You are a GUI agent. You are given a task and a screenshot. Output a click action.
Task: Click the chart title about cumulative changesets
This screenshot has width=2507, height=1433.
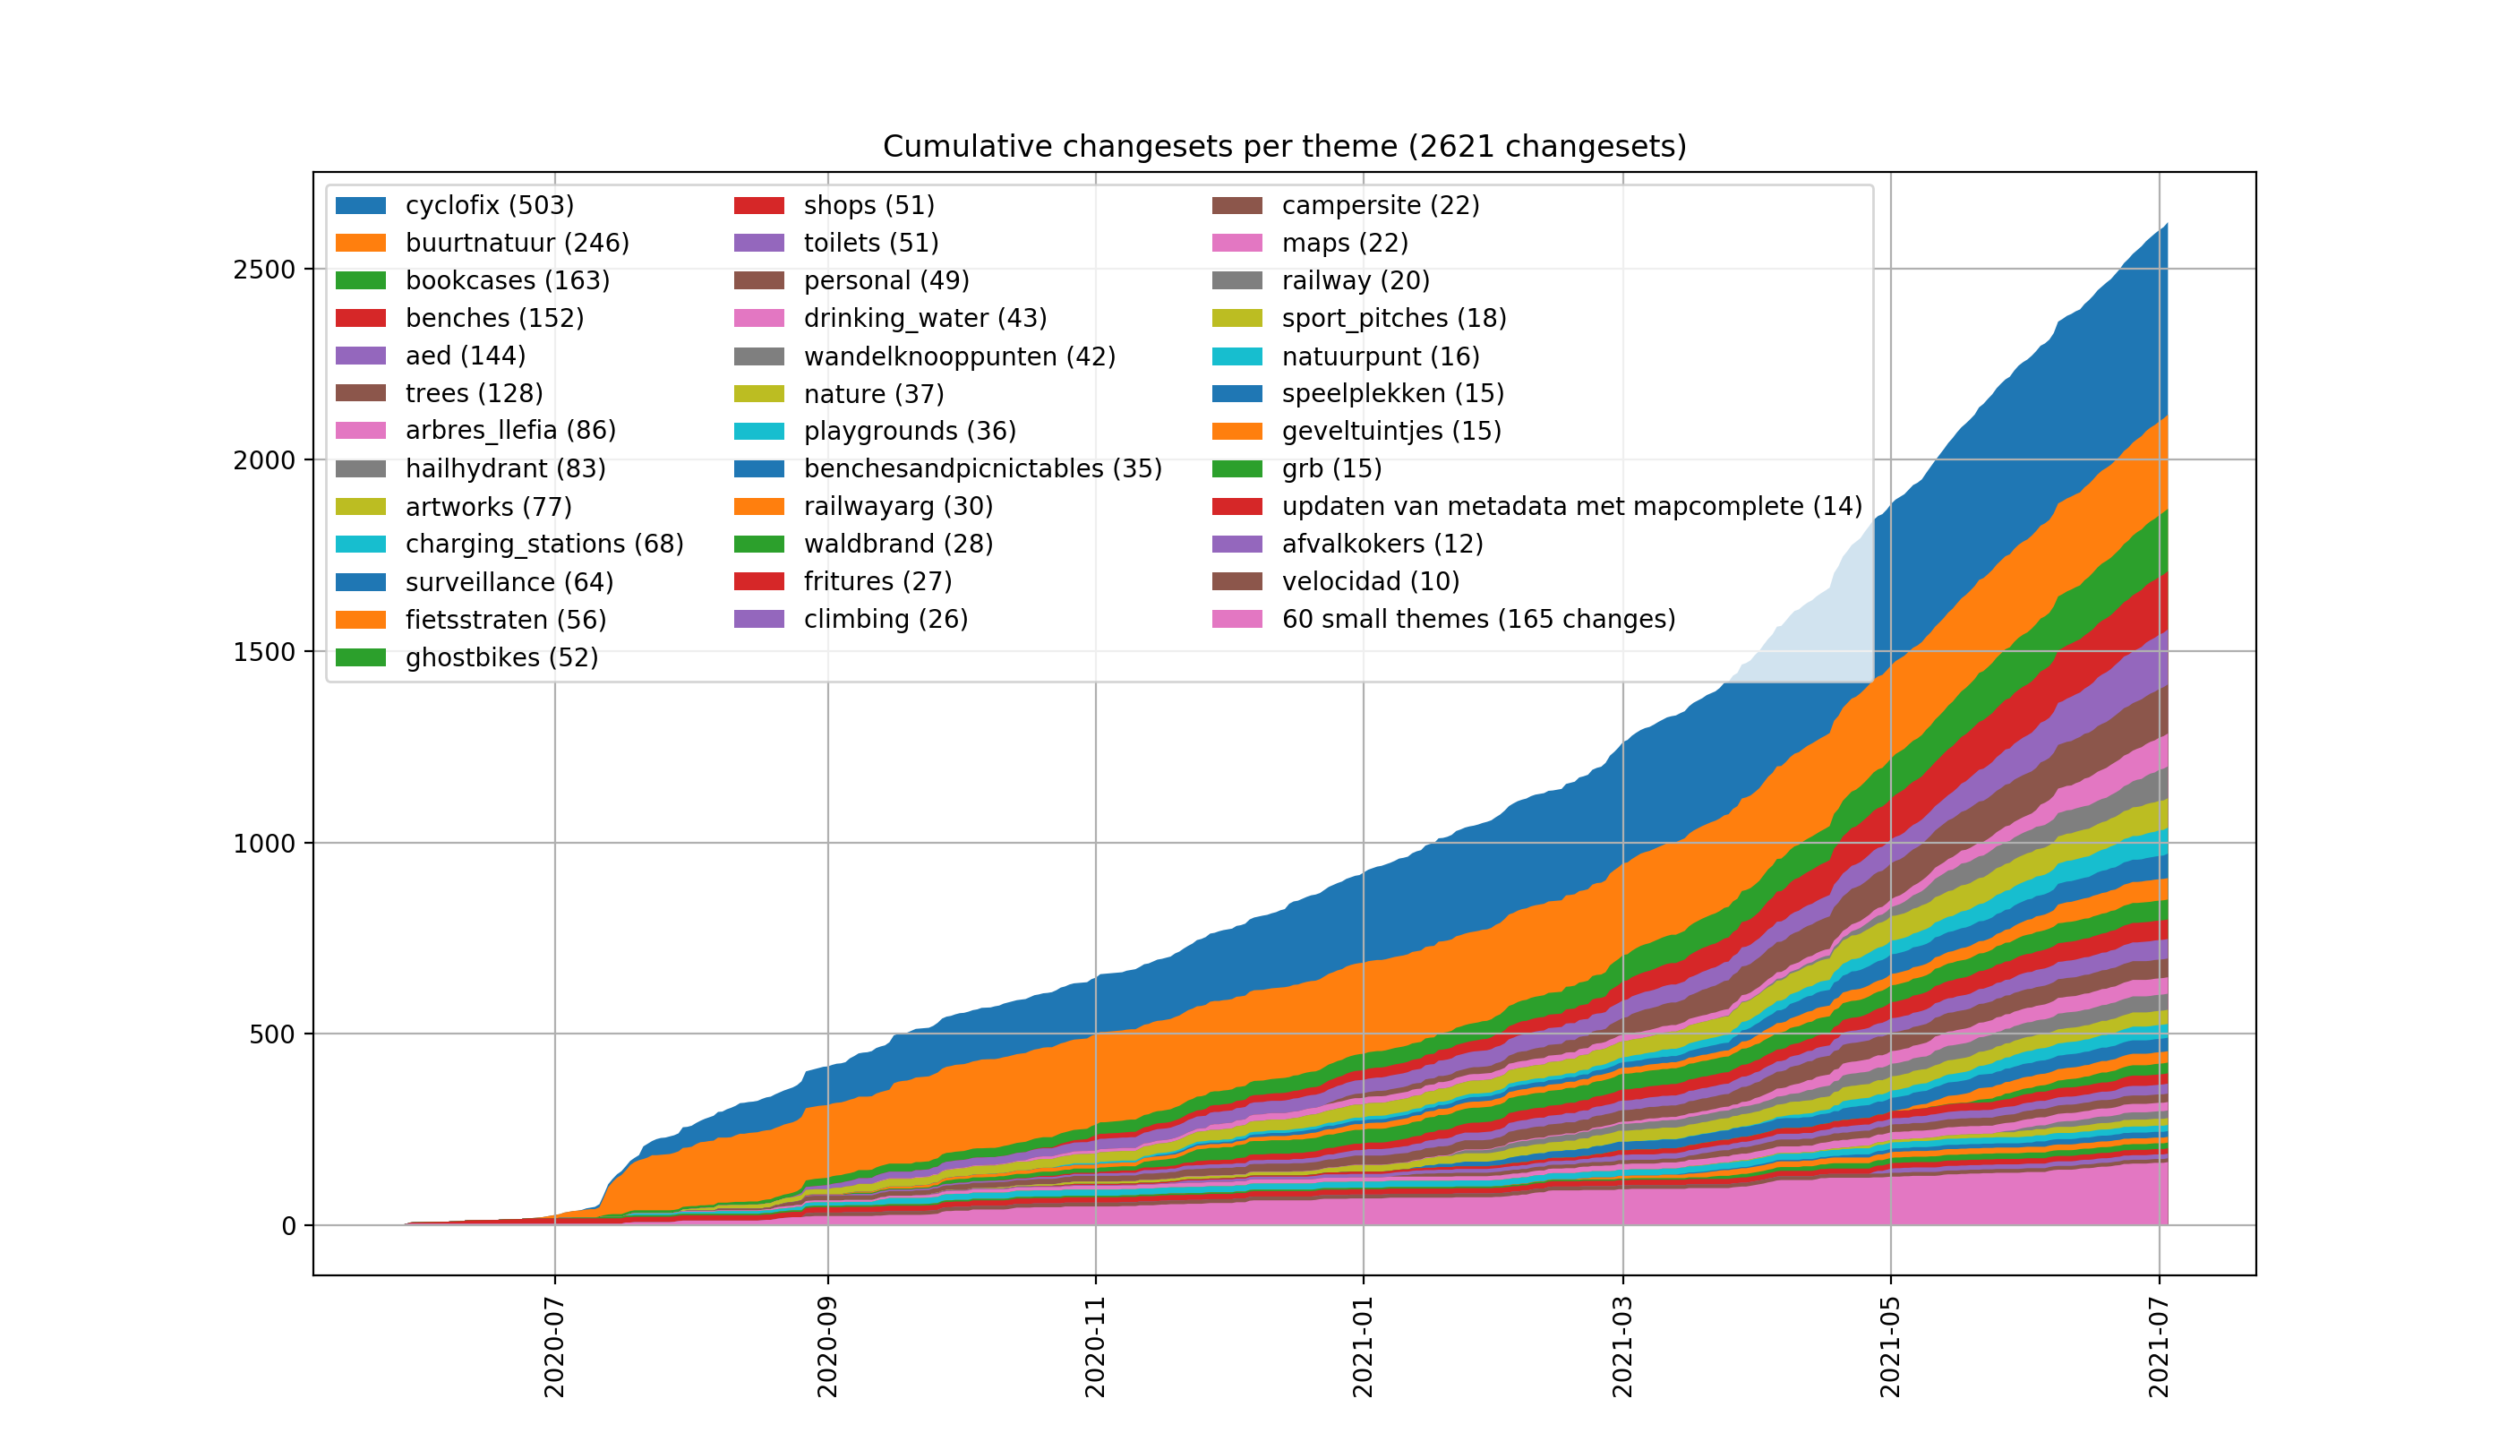(1284, 147)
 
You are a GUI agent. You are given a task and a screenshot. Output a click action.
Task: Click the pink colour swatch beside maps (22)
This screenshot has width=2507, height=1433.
(1236, 243)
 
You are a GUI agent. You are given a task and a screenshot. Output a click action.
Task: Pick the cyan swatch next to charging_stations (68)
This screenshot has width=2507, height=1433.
(360, 545)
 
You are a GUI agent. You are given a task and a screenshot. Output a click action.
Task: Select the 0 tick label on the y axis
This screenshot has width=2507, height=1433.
(288, 1226)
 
